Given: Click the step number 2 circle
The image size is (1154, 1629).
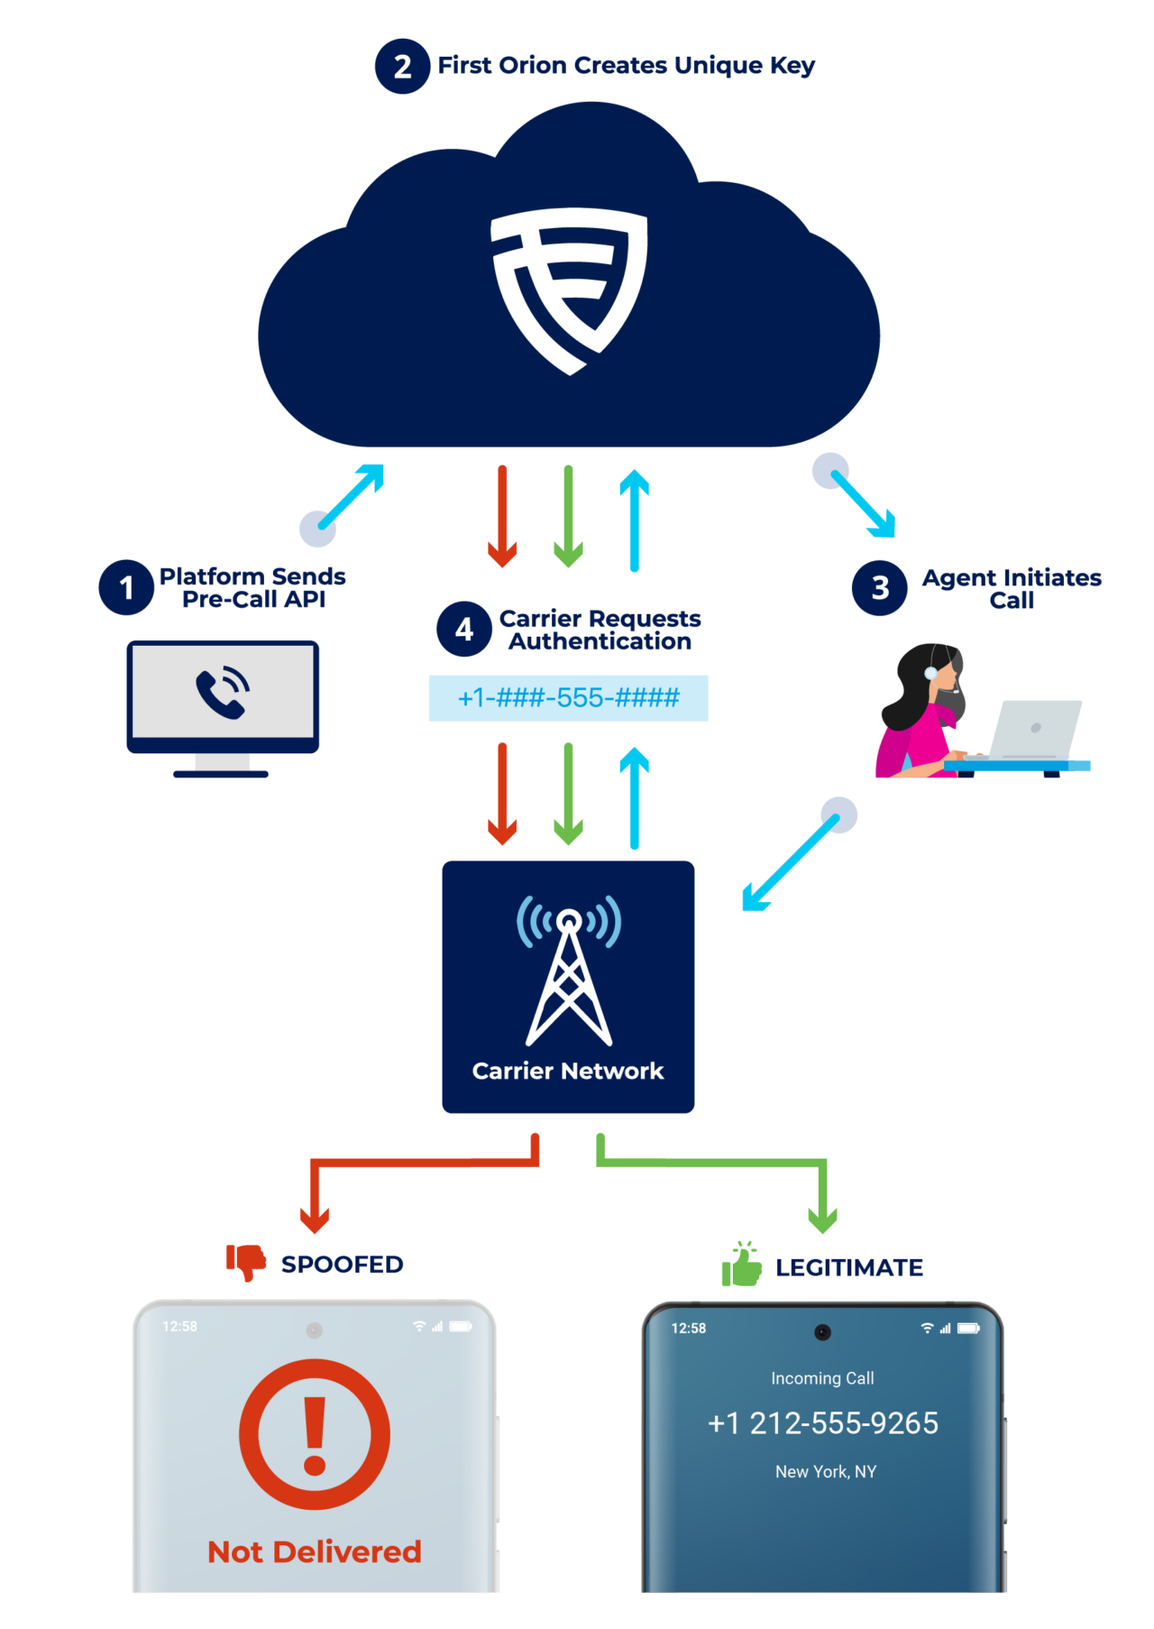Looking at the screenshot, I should [x=402, y=66].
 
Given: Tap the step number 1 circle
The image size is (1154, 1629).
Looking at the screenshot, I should [x=126, y=587].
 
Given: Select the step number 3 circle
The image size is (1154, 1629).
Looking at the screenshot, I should [x=880, y=588].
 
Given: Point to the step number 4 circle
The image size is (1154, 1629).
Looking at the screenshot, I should [x=463, y=629].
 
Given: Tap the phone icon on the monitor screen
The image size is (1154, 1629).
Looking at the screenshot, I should [x=223, y=692].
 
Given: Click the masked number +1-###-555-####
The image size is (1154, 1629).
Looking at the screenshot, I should [x=568, y=698].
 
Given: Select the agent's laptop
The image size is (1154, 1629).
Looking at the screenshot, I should [x=1035, y=731].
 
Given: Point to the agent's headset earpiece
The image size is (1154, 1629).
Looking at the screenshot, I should [x=930, y=673].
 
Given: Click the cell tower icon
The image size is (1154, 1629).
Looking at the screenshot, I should [x=568, y=970].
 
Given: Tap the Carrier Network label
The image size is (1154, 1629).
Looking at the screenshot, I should [x=568, y=1071].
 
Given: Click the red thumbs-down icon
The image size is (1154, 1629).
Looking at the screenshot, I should [x=245, y=1261].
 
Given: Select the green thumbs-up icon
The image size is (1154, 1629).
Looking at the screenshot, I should [x=741, y=1265].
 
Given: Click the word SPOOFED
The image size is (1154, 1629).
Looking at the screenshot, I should [x=342, y=1265].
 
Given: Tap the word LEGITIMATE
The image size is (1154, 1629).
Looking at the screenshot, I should [x=849, y=1267].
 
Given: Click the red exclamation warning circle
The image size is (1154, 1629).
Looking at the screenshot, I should [x=315, y=1434].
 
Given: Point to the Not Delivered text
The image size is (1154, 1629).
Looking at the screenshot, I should [x=315, y=1551].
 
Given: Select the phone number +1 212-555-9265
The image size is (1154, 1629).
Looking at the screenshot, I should [x=823, y=1423].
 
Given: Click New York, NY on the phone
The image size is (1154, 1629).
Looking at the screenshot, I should [x=826, y=1471].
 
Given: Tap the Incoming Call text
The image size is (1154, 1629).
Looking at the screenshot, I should [x=822, y=1378].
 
